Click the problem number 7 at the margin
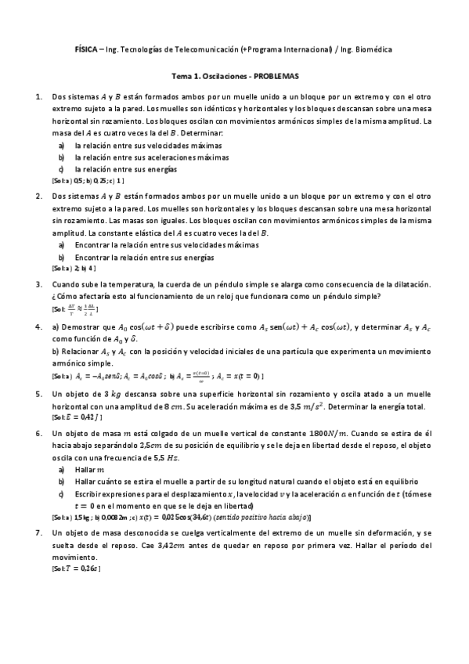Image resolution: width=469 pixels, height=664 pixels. [x=39, y=532]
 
